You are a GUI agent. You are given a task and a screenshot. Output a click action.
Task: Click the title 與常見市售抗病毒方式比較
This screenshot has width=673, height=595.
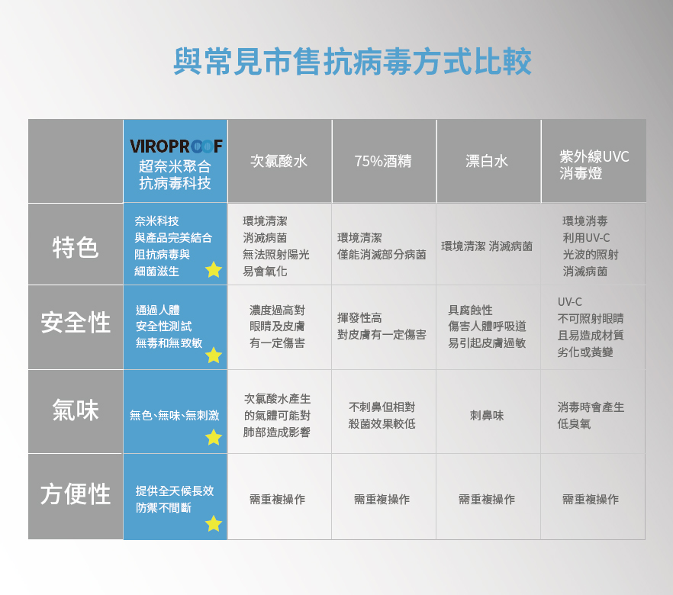(x=352, y=62)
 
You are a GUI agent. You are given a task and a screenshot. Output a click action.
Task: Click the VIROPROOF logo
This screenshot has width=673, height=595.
(x=175, y=146)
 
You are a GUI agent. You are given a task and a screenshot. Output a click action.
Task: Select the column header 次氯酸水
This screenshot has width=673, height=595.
(x=279, y=162)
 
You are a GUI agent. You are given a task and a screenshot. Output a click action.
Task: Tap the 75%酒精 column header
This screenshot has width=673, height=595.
(x=383, y=162)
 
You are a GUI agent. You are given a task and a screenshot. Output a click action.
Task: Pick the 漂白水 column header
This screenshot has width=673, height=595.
(x=487, y=162)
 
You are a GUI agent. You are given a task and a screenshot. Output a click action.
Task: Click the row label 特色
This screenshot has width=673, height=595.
(x=76, y=246)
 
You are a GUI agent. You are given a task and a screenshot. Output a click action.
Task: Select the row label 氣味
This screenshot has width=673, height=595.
(x=76, y=410)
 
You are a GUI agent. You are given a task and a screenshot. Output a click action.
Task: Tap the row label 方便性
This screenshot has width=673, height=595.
(x=76, y=494)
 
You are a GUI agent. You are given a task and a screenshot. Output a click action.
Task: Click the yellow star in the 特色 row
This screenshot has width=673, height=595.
(x=214, y=269)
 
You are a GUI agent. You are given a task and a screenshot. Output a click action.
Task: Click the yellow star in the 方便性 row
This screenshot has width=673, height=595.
(x=214, y=523)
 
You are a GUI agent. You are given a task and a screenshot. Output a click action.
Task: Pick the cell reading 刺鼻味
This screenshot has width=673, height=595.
(x=487, y=416)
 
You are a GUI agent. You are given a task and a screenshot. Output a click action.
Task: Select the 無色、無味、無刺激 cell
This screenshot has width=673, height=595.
(x=174, y=416)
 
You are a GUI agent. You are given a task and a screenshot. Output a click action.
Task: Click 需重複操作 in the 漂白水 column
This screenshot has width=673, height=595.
(x=487, y=500)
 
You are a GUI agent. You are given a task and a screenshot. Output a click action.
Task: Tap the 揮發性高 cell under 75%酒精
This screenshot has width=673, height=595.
(x=382, y=326)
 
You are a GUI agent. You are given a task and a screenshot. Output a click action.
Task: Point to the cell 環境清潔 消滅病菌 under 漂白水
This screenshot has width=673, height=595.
(x=487, y=246)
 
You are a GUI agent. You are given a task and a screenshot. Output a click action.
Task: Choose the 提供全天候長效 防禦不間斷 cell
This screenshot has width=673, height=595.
(x=174, y=499)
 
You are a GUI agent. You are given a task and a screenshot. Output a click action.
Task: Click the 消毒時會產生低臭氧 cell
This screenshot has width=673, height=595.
(x=591, y=416)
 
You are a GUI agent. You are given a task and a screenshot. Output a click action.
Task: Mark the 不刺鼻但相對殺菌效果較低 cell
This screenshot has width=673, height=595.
(x=382, y=416)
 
